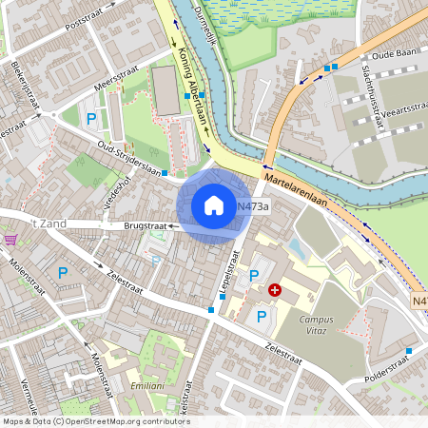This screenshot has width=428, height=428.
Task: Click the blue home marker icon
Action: pyautogui.click(x=214, y=205)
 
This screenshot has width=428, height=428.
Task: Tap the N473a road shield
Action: pyautogui.click(x=253, y=206)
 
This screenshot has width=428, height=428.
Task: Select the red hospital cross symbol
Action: pyautogui.click(x=275, y=289)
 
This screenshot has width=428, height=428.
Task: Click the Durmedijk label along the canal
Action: pyautogui.click(x=206, y=33)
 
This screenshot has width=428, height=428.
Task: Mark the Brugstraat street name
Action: pyautogui.click(x=146, y=226)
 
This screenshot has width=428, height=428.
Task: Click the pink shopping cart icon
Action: pyautogui.click(x=10, y=240)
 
